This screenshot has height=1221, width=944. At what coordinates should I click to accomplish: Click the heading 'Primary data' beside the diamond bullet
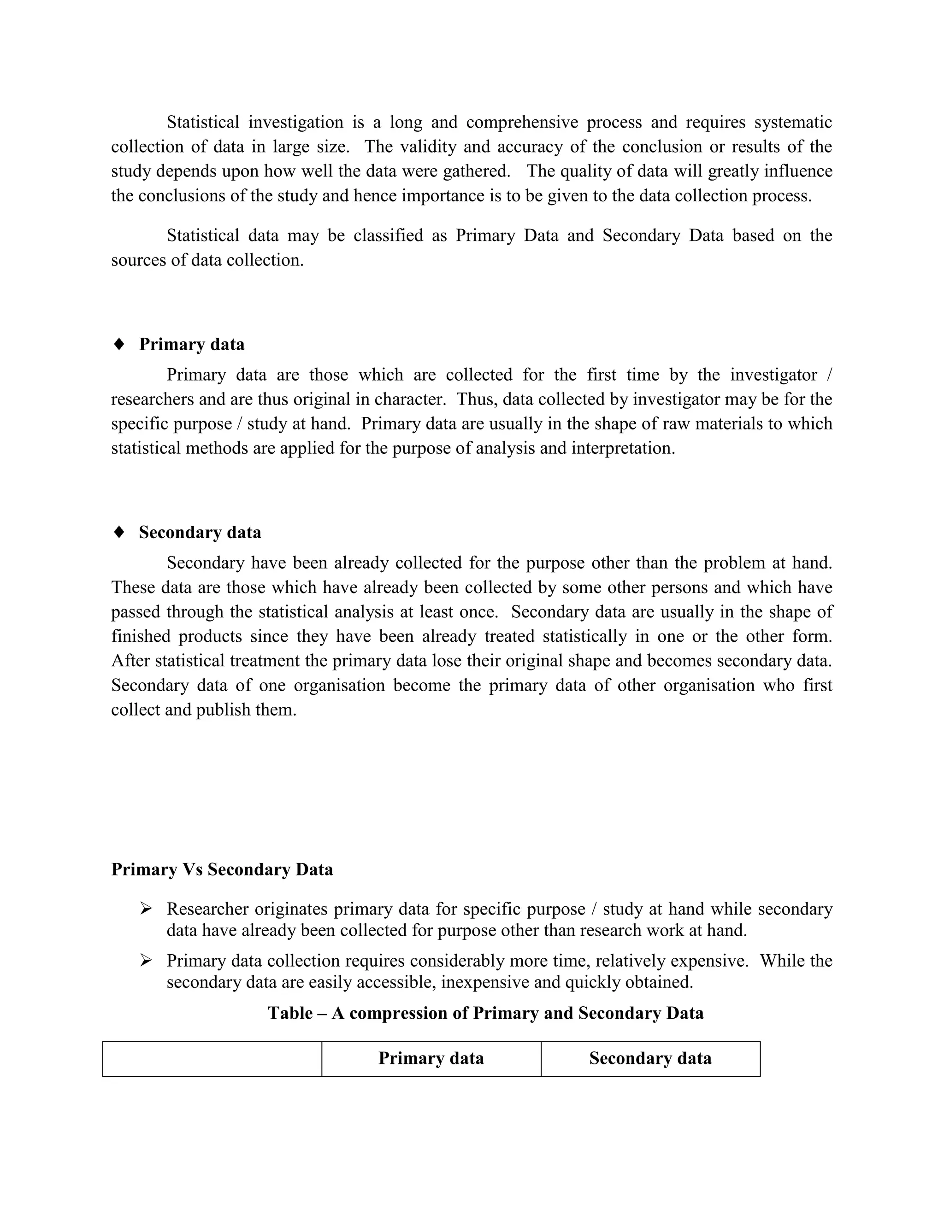(191, 344)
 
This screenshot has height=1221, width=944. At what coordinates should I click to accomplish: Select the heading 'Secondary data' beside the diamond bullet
(200, 532)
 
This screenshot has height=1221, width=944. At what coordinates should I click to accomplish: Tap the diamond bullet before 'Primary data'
(118, 344)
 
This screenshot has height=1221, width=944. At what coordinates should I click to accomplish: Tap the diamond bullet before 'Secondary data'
(118, 532)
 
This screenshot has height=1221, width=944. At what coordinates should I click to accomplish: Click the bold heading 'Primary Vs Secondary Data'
(222, 869)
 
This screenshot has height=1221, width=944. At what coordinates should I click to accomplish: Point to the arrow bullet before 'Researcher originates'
(146, 909)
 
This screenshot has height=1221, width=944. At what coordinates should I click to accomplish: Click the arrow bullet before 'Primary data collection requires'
(146, 961)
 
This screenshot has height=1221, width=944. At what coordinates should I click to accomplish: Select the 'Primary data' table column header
(431, 1058)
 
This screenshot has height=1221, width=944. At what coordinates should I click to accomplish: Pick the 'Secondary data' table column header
(650, 1058)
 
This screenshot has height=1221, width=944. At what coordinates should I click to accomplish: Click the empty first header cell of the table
(212, 1059)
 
